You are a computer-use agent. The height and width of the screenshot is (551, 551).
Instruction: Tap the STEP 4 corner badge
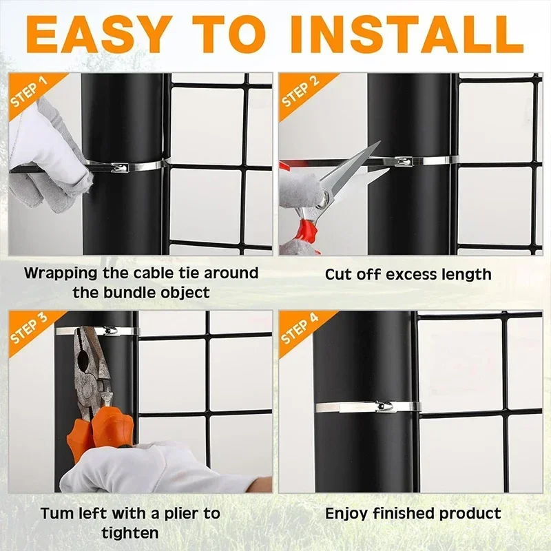coord(300,330)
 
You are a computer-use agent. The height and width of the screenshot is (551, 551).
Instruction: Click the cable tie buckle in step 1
coord(118,167)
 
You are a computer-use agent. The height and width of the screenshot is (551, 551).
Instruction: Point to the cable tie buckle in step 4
coord(382,408)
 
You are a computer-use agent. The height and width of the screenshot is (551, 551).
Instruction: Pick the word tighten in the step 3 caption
coord(130,532)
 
